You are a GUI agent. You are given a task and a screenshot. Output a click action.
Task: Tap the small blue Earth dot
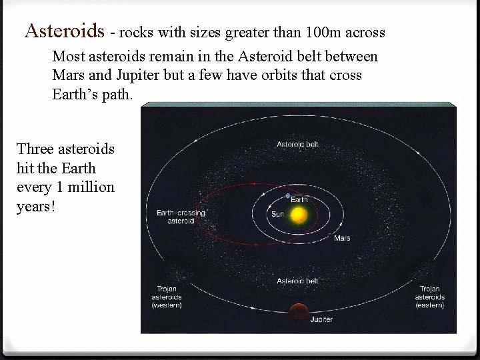(287, 196)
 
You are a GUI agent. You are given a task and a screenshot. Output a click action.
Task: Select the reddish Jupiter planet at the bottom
(298, 311)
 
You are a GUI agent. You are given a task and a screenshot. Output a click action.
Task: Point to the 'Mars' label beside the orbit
(342, 237)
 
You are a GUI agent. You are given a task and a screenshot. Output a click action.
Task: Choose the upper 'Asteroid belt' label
(298, 144)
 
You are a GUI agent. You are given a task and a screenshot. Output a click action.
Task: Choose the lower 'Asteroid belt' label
(298, 281)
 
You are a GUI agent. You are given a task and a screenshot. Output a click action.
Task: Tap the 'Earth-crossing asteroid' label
(180, 217)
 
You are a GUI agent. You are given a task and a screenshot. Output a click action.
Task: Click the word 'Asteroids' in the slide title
(65, 31)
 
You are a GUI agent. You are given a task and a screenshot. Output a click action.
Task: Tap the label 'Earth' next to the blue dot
(299, 198)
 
